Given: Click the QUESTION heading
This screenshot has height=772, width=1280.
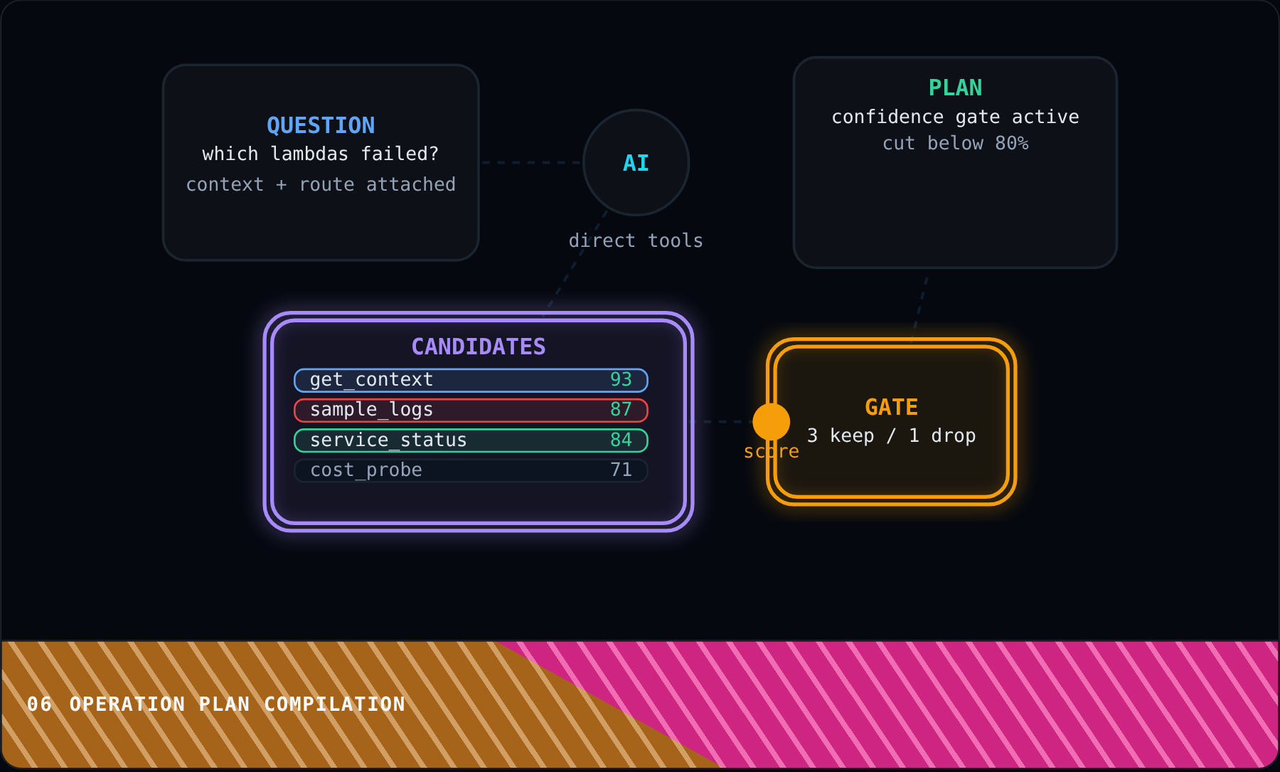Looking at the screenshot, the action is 321,125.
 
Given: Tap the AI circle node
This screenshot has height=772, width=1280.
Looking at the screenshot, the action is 636,162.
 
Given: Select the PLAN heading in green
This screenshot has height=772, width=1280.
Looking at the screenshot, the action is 955,88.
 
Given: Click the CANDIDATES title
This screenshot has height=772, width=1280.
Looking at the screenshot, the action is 479,347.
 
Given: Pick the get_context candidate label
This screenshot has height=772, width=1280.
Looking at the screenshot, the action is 371,380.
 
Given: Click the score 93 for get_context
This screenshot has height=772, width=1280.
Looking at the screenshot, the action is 621,379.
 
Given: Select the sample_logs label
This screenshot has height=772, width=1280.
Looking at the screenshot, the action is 371,410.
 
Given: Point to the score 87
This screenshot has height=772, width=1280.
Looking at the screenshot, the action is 621,409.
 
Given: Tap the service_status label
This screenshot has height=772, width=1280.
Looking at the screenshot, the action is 388,440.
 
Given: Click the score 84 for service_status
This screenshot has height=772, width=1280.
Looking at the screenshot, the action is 621,440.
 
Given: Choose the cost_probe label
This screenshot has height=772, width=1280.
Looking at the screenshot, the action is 366,470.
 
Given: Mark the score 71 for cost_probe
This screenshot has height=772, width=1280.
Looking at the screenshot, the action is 621,470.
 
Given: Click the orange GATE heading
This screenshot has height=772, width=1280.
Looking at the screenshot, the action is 892,407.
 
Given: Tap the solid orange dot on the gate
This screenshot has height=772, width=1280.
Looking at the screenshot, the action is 772,421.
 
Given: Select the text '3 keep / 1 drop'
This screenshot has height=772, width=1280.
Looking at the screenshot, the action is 892,435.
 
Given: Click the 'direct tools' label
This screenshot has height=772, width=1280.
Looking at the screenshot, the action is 636,240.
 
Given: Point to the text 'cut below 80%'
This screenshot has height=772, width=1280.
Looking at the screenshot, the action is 955,143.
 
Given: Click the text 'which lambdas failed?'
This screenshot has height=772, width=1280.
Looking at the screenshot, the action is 321,154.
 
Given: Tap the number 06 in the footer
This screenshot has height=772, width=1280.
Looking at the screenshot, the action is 39,704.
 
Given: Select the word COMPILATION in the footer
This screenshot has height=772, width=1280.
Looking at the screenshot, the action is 334,704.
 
